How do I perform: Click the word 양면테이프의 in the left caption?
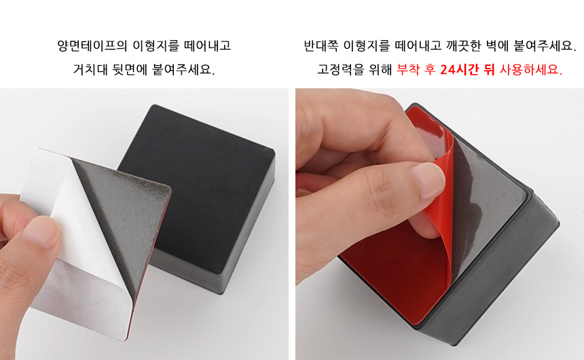(x=92, y=46)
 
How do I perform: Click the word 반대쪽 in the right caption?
(x=321, y=46)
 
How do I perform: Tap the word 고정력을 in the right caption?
(x=340, y=69)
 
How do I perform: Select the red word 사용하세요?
(x=531, y=69)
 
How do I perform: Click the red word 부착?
(x=408, y=69)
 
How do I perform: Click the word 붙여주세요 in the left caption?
(x=183, y=69)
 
